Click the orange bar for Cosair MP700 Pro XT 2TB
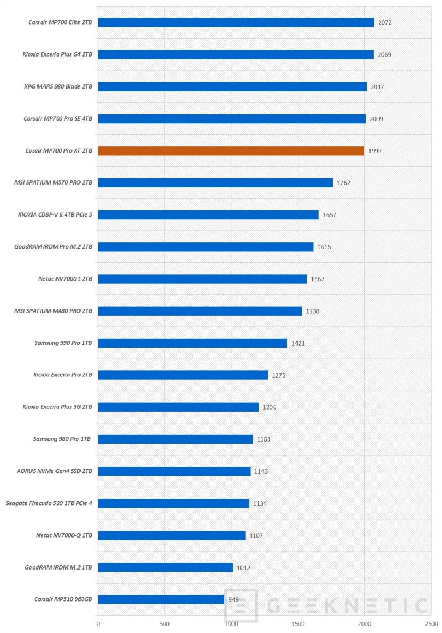tap(231, 151)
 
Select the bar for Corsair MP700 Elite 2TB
tap(236, 22)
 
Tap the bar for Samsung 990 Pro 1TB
tap(192, 343)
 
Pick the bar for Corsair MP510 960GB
tap(161, 599)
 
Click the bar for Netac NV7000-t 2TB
tap(202, 279)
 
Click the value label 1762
tap(343, 183)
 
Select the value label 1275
tap(278, 375)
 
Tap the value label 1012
tap(244, 567)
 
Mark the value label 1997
tap(375, 151)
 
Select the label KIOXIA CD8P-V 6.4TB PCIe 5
tap(54, 215)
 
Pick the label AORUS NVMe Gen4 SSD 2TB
tap(54, 471)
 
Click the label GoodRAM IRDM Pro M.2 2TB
tap(53, 247)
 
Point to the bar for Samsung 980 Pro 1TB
tap(175, 439)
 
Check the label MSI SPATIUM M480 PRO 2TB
tap(53, 311)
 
